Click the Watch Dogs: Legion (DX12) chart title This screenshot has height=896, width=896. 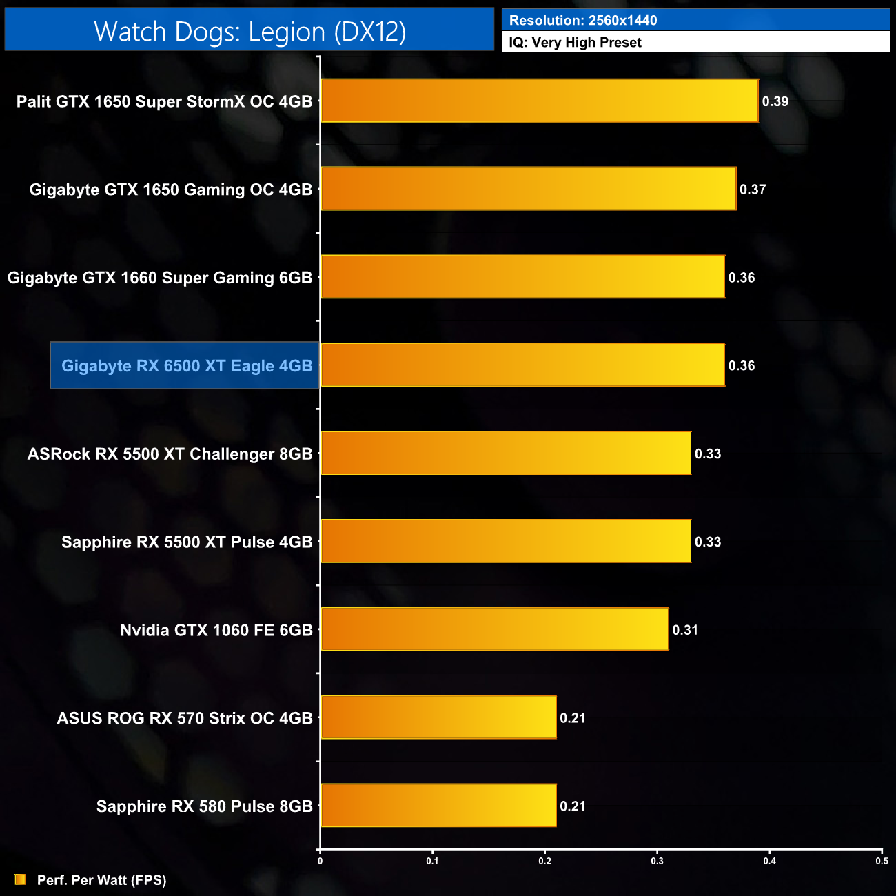coord(250,31)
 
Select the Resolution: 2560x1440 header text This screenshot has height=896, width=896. coord(583,21)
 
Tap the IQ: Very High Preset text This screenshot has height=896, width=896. coord(575,43)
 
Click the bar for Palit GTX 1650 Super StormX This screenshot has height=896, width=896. coord(539,101)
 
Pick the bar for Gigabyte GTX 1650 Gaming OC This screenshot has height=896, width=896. coord(528,189)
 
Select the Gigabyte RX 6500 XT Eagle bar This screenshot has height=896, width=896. coord(522,365)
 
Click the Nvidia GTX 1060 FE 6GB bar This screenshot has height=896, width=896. coord(494,629)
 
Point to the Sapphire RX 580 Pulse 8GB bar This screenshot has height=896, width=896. coord(438,806)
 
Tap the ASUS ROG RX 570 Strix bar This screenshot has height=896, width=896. coord(438,717)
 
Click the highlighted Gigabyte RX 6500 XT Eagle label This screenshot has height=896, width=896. coord(186,366)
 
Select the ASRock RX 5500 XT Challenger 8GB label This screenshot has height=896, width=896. coord(170,454)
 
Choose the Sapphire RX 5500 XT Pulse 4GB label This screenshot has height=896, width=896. coord(187,542)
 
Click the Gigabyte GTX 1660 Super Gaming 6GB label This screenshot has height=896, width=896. coord(160,278)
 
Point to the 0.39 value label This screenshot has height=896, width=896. coord(775,101)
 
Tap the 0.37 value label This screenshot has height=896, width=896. coord(753,190)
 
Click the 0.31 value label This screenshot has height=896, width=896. coord(685,630)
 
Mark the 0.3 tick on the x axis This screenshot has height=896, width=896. coord(657,861)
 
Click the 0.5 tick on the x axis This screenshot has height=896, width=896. coord(882,861)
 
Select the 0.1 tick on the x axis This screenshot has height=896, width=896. coord(432,861)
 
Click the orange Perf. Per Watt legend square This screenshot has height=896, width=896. coord(21,879)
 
